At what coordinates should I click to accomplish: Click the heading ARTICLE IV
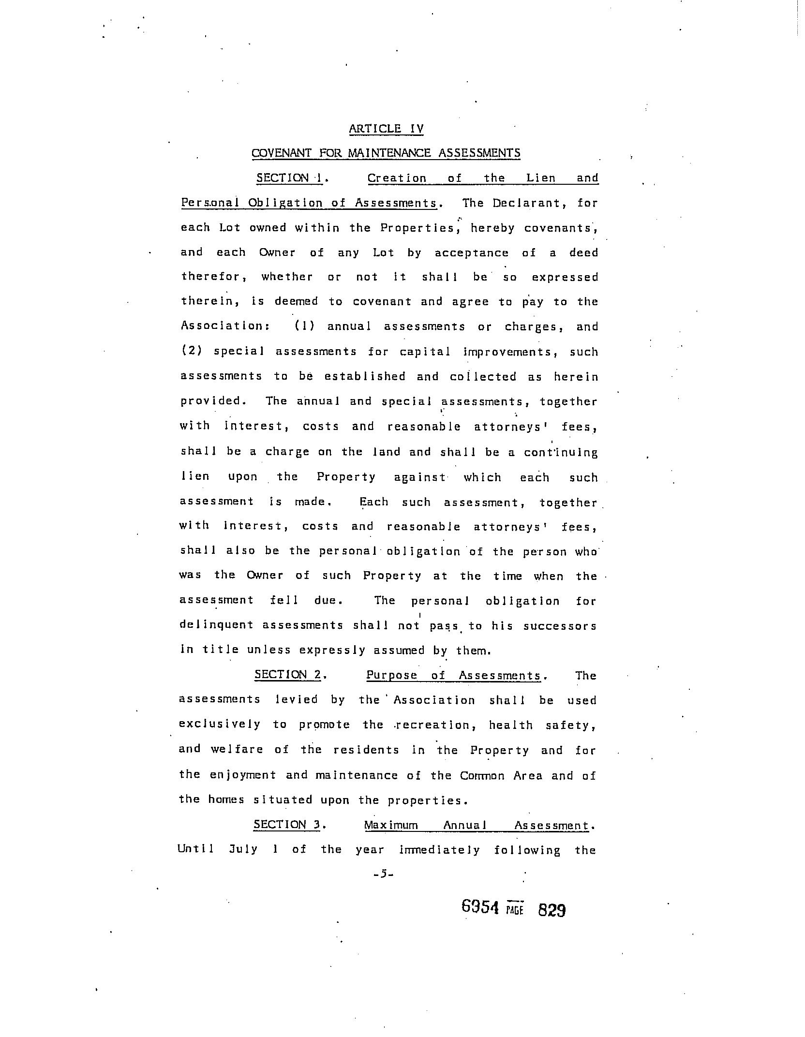(386, 129)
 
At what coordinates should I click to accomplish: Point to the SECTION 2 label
(288, 675)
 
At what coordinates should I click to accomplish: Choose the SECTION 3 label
(287, 825)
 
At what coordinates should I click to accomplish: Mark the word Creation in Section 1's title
(397, 178)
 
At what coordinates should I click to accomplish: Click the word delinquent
(216, 625)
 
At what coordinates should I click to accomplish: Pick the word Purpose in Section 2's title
(392, 675)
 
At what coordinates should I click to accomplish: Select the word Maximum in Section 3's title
(391, 825)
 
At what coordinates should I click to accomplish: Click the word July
(243, 850)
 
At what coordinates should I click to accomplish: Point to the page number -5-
(384, 874)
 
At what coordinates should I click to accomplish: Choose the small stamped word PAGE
(515, 910)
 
